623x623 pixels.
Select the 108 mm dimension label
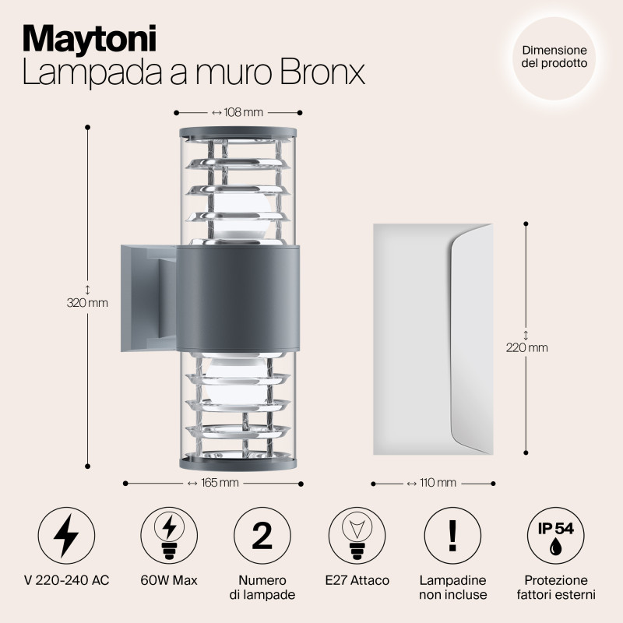[x=238, y=112]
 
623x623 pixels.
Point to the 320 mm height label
[x=87, y=302]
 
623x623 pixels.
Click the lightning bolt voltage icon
[x=66, y=536]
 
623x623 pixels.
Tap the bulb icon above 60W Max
[x=168, y=536]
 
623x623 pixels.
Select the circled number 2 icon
[x=262, y=536]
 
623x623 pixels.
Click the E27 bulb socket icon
[x=357, y=536]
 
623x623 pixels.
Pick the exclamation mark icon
[x=452, y=536]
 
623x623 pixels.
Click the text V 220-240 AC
[x=66, y=581]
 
